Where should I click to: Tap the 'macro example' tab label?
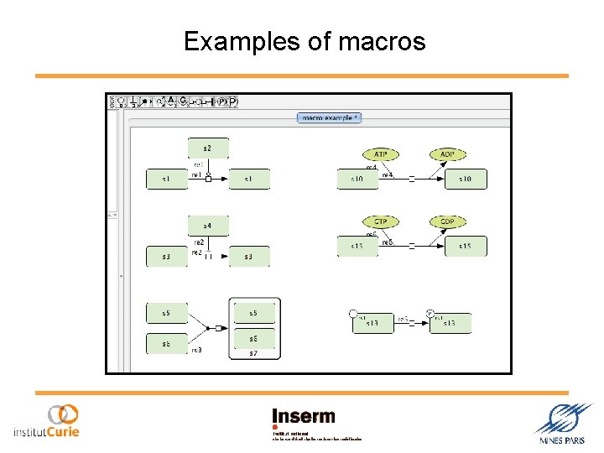(329, 118)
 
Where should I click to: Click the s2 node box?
(207, 148)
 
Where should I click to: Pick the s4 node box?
(207, 226)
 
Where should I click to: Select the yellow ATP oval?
(381, 154)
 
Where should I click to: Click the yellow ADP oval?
(447, 154)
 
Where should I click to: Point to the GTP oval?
(381, 221)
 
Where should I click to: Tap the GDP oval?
(447, 221)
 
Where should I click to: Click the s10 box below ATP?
(358, 179)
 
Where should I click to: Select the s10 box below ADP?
(466, 179)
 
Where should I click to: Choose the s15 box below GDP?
(466, 247)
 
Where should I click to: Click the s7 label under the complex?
(253, 353)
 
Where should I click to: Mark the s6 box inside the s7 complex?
(253, 337)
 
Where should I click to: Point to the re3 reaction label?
(196, 350)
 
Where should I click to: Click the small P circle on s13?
(430, 314)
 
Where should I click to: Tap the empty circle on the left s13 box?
(353, 314)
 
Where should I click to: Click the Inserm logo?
(303, 417)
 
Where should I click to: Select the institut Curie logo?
(47, 422)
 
